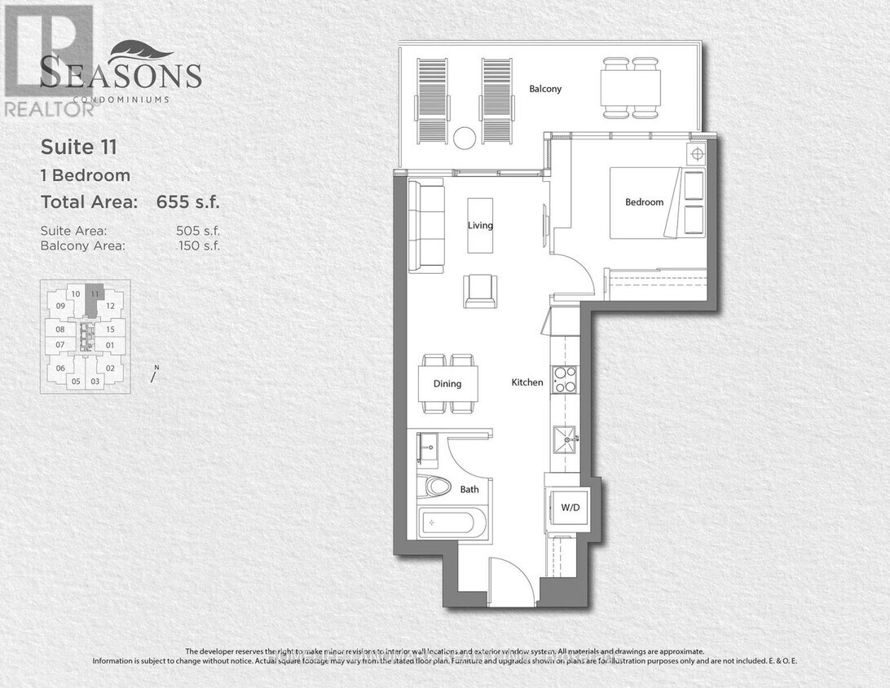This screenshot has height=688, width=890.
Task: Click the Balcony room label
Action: point(545,89)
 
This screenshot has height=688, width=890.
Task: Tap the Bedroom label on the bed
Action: point(644,202)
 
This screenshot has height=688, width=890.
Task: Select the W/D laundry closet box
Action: point(570,509)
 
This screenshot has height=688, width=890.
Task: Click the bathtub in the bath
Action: point(453,523)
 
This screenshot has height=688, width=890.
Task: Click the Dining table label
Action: point(447,384)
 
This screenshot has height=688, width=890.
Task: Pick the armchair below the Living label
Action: point(480,291)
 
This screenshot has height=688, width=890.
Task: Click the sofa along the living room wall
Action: point(426,227)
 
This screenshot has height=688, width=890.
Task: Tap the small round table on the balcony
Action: point(465,138)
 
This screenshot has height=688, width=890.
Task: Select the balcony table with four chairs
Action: point(631,87)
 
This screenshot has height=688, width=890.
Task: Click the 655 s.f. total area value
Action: point(188,202)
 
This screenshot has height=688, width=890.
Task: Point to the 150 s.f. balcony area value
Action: point(198,245)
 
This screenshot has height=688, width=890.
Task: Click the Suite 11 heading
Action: point(79,147)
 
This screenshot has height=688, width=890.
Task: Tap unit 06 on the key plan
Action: point(59,368)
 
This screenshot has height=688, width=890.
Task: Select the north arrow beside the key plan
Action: point(154,374)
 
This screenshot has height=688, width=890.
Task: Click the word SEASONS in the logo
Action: point(121,75)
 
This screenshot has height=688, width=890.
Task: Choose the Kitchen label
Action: point(527,382)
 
